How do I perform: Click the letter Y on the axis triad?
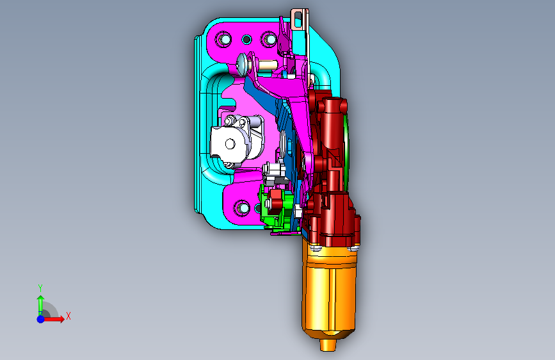tap(40, 288)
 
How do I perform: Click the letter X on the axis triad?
tap(68, 316)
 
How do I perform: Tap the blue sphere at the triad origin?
tap(41, 319)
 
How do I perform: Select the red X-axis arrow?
tap(54, 319)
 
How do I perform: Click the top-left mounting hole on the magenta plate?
tap(223, 39)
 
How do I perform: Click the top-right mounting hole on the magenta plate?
tap(269, 39)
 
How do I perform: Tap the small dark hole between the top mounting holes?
tap(246, 39)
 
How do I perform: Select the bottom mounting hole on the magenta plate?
tap(242, 208)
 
